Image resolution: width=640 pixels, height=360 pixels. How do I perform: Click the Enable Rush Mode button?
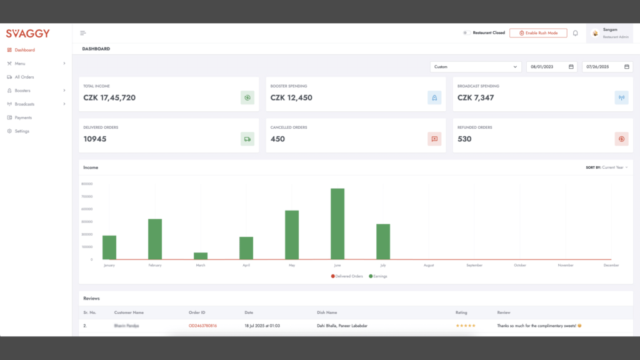click(x=538, y=33)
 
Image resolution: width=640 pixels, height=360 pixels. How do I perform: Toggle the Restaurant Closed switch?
click(x=466, y=33)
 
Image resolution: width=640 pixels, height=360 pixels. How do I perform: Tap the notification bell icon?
click(x=576, y=33)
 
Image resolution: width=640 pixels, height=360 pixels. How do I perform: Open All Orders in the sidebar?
click(x=24, y=77)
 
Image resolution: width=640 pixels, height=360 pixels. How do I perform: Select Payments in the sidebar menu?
click(x=23, y=117)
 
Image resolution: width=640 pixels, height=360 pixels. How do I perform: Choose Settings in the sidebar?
click(x=22, y=131)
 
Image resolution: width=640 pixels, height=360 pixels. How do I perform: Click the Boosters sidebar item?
click(x=22, y=91)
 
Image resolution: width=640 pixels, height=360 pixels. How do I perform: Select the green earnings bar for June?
click(x=337, y=224)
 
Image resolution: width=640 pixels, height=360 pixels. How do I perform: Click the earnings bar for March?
click(x=201, y=256)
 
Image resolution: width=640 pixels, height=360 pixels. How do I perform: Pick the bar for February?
click(x=155, y=239)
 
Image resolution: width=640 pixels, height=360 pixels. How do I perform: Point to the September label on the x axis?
click(x=474, y=266)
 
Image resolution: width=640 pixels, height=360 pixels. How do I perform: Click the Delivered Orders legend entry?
click(x=347, y=276)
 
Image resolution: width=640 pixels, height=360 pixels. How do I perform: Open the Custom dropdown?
click(x=476, y=67)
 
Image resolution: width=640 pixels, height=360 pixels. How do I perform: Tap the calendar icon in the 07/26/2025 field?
click(x=626, y=67)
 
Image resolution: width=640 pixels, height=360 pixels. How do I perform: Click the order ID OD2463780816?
click(x=202, y=326)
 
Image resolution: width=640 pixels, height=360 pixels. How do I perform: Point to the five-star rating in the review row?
click(x=466, y=326)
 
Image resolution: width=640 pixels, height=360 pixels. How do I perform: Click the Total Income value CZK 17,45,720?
click(x=109, y=97)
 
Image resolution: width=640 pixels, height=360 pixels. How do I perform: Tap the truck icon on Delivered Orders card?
click(x=247, y=139)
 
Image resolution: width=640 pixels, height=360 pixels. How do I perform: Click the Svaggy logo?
click(x=28, y=34)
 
